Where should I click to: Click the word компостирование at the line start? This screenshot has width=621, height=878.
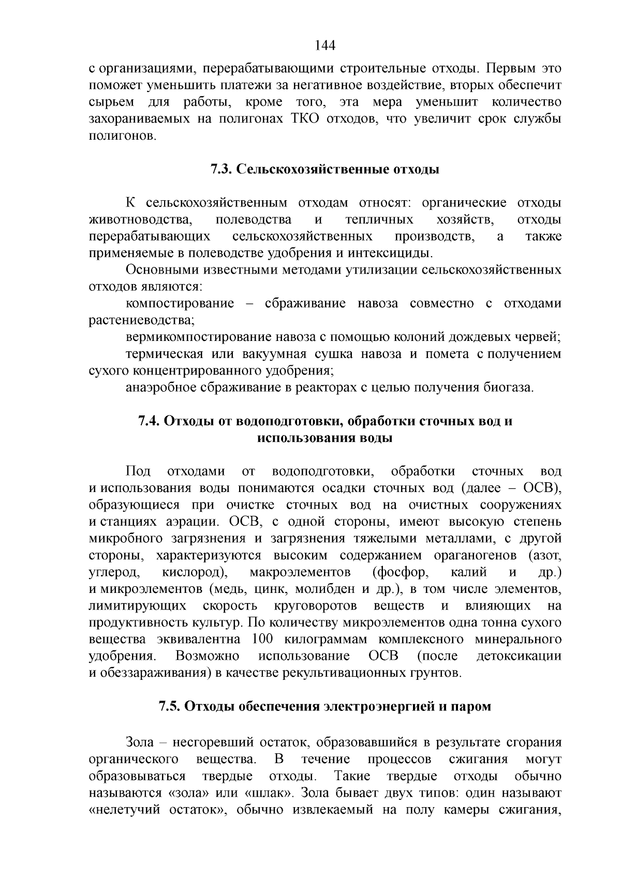[180, 304]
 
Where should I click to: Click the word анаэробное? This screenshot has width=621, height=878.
[164, 388]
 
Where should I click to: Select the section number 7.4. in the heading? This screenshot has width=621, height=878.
[150, 421]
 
